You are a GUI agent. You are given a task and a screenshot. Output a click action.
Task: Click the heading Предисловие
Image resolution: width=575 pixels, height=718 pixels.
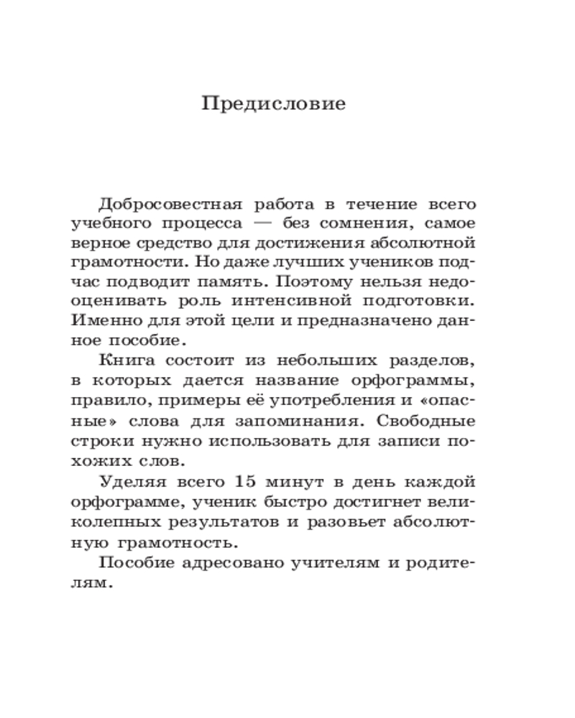274,104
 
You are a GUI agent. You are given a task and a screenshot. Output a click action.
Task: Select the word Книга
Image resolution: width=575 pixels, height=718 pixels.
124,360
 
